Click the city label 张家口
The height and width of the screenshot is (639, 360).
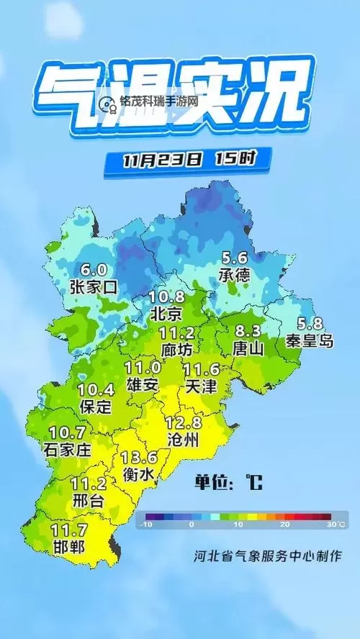point(94,286)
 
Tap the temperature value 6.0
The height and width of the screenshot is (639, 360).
point(94,270)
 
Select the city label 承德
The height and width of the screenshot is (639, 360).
point(235,274)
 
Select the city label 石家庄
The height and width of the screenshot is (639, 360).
point(70,450)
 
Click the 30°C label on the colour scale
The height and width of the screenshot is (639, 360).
point(334,525)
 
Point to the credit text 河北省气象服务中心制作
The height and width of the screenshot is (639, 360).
point(267,556)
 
